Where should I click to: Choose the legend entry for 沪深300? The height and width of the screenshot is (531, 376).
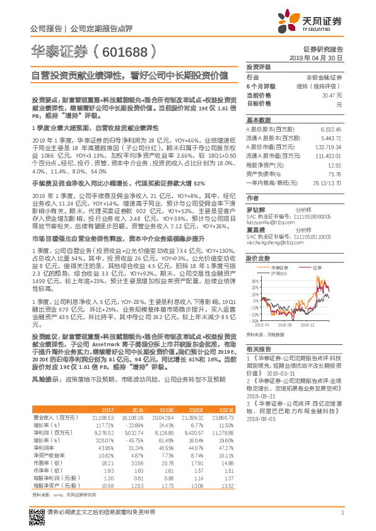pos(279,256)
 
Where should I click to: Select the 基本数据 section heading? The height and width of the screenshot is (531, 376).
pos(257,120)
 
